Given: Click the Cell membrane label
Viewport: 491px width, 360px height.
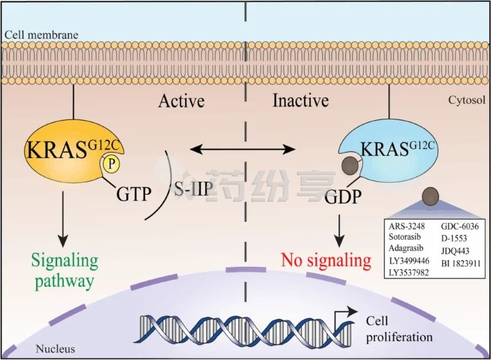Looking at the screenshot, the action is tap(41, 35).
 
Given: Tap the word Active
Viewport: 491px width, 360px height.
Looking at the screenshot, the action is tap(182, 101).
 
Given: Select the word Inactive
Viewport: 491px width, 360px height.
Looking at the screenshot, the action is tap(301, 101).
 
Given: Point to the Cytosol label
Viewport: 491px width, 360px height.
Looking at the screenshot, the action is tap(467, 100).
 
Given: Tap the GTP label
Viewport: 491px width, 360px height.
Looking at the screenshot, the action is tap(134, 194).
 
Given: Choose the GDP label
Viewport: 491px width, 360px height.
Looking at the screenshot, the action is tap(343, 197).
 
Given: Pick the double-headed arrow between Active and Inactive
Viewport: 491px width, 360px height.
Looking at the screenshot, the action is tap(242, 149).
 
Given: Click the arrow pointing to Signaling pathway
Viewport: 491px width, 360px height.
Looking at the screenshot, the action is tap(63, 218).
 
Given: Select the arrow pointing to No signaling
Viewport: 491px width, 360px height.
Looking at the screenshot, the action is tap(339, 231).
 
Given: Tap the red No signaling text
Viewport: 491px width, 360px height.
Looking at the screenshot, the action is tap(327, 260).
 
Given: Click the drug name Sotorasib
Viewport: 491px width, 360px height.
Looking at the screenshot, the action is tap(405, 237).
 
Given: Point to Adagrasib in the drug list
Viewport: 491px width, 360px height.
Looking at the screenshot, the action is tap(406, 248).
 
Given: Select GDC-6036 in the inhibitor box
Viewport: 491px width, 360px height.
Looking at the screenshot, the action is tap(460, 226).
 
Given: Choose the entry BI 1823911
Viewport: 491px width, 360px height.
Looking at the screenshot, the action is tap(461, 263).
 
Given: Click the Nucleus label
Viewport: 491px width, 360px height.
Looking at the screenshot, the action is tap(55, 349).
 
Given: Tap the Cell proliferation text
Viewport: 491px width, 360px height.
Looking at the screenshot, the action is tap(400, 329).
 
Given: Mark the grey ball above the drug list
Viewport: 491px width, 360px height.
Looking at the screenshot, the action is tap(431, 196).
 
